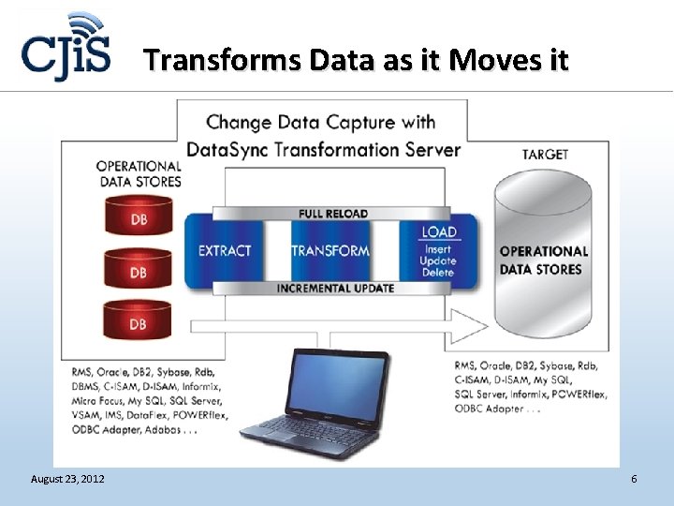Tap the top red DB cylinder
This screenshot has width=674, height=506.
(138, 219)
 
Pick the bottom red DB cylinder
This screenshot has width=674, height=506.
(138, 323)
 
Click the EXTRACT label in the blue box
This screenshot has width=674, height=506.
(225, 250)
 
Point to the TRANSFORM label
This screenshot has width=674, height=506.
(330, 250)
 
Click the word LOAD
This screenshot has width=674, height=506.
(439, 231)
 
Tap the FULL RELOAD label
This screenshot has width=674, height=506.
(333, 214)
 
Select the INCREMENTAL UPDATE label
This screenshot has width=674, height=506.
(335, 288)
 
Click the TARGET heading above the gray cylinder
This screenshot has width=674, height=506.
(545, 155)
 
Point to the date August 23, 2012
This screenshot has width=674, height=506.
(67, 480)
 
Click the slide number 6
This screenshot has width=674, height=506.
(634, 480)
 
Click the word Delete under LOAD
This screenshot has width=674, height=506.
(438, 273)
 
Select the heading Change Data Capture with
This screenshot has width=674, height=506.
(321, 122)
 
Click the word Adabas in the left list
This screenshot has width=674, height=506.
(173, 432)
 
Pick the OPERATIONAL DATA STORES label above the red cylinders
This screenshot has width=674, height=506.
(139, 173)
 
